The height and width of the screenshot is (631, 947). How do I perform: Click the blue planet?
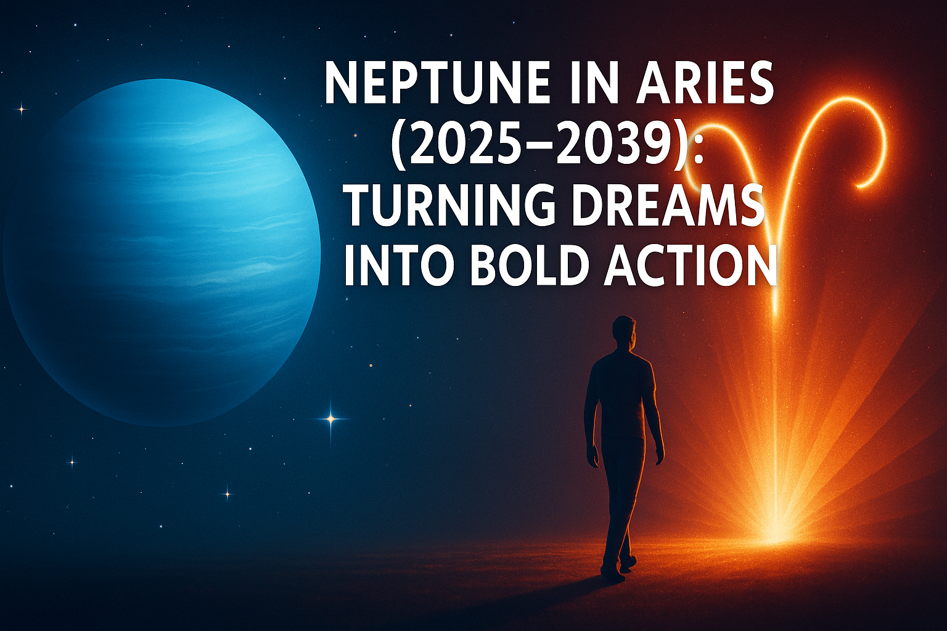click(162, 253)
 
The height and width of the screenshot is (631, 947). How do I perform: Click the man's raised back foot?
click(628, 563)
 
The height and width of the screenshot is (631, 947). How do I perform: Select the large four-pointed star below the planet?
click(331, 419)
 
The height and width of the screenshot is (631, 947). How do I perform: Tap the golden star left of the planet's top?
click(22, 110)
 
